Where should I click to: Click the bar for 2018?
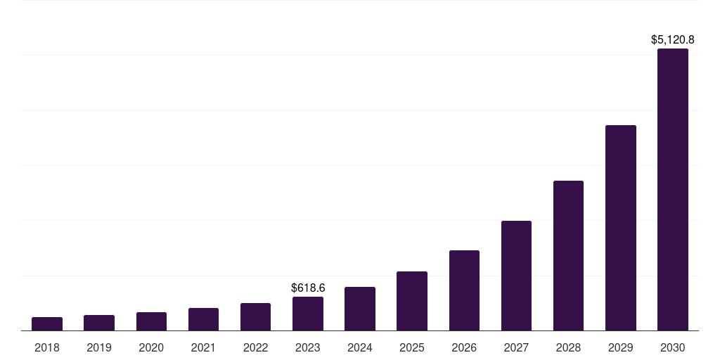point(47,324)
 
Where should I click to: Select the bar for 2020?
point(151,321)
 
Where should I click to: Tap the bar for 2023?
point(308,314)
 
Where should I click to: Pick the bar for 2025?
point(412,301)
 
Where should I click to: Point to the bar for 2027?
point(516,276)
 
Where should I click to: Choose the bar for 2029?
point(621,228)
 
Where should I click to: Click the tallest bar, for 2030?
point(673,190)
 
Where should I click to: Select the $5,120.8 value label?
point(673,40)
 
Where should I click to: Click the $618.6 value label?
point(308,288)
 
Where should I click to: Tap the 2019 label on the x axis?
point(99,347)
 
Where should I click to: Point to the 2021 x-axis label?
point(203,347)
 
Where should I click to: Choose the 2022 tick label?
point(256,347)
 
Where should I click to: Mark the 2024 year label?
point(360,347)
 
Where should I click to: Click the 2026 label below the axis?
point(464,347)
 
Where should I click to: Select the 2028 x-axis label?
point(568,347)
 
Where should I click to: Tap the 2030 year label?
point(673,347)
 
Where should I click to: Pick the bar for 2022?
point(256,317)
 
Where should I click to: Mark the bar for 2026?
point(464,290)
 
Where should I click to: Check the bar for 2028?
point(568,256)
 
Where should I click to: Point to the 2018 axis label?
point(47,347)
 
